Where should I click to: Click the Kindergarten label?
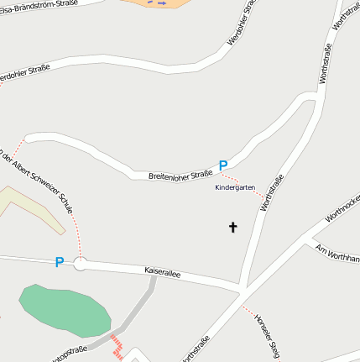click(235, 187)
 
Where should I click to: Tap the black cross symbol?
click(232, 227)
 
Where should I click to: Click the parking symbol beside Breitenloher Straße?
click(223, 166)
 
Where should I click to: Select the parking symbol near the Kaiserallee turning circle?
click(59, 262)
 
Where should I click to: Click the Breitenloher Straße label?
click(180, 175)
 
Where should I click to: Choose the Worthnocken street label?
click(342, 207)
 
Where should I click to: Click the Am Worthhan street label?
click(337, 252)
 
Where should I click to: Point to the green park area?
click(65, 309)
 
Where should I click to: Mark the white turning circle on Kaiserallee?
click(81, 265)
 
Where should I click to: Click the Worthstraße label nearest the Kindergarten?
click(273, 192)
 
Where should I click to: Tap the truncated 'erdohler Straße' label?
click(25, 71)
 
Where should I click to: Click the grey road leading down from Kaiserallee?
click(138, 312)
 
